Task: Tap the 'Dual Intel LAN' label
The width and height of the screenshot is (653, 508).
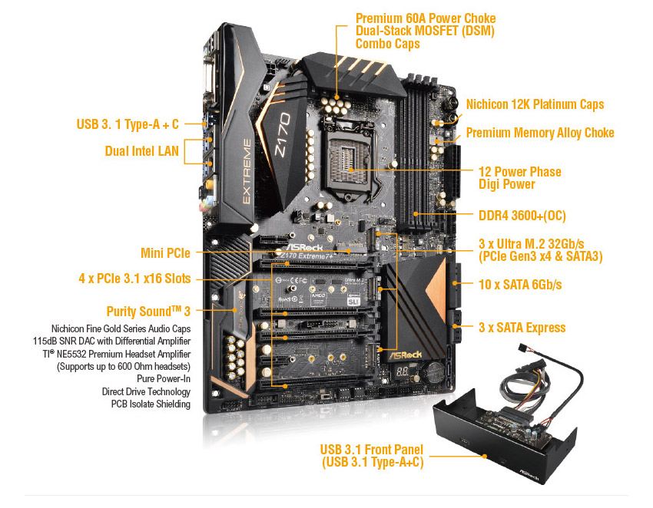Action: (141, 151)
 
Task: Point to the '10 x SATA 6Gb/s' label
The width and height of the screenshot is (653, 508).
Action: (520, 285)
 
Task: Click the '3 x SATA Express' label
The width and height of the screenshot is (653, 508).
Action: (522, 328)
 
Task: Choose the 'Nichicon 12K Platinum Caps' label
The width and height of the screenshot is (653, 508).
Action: (535, 104)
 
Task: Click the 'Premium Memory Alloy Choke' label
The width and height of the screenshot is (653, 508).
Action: (540, 133)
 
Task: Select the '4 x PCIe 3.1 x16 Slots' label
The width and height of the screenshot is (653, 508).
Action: (134, 279)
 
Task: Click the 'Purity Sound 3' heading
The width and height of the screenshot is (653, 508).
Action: (148, 311)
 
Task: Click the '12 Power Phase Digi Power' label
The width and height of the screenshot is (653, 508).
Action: (519, 177)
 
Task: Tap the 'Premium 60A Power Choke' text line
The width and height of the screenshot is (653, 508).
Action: (425, 18)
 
